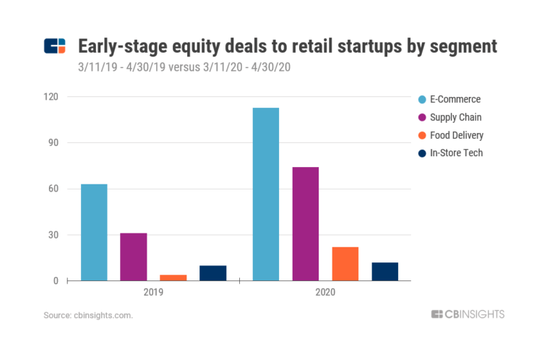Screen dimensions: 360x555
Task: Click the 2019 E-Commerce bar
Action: [94, 232]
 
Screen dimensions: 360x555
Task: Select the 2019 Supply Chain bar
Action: [134, 257]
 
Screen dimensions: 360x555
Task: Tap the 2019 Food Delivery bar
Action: [173, 277]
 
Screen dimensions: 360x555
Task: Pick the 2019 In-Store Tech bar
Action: [212, 273]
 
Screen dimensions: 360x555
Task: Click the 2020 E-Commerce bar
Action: [266, 194]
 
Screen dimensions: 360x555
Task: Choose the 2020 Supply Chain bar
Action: [306, 223]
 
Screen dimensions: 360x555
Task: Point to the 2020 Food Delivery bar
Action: [345, 263]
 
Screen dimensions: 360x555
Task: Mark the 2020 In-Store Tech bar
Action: [385, 271]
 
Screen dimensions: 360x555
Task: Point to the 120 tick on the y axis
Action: [53, 96]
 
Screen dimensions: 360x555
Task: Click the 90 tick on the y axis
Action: [55, 142]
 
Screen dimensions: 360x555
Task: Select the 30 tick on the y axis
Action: [55, 235]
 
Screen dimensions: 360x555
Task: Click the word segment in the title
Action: [462, 47]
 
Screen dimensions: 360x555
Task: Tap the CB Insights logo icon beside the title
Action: [55, 47]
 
